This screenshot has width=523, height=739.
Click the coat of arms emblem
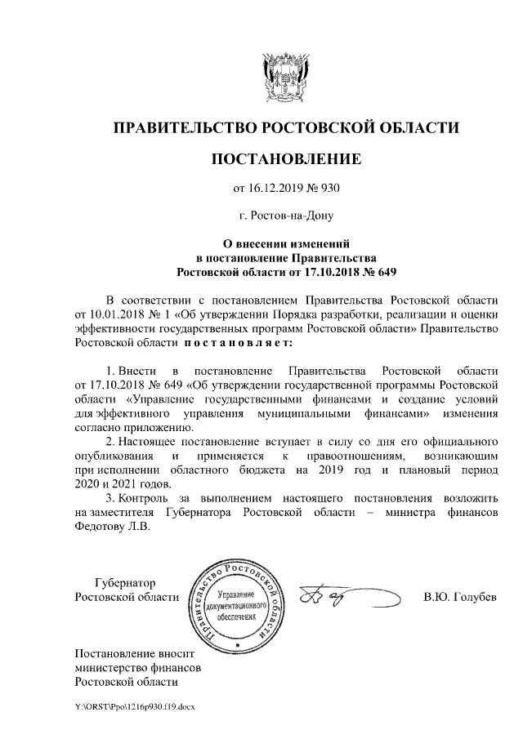tap(285, 76)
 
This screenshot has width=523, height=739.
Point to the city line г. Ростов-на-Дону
tap(285, 216)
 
